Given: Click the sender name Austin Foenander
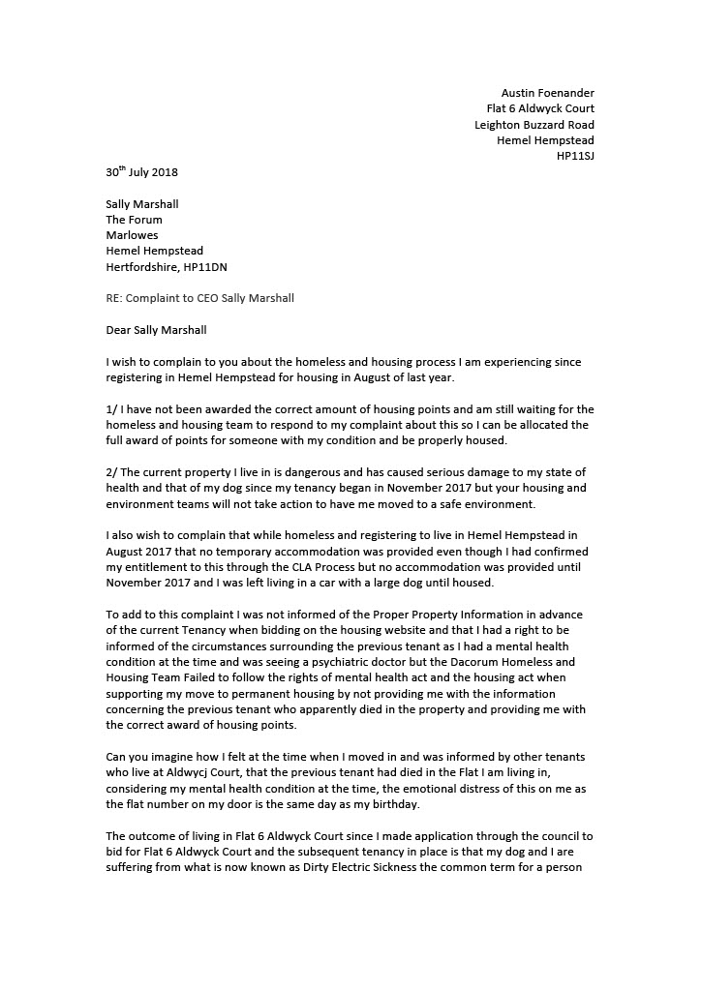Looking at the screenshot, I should tap(547, 93).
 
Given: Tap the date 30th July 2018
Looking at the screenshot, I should tap(141, 172).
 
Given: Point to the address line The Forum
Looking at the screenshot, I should tap(134, 220).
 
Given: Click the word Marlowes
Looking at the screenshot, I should tap(132, 235).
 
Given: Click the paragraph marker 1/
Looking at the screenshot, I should tap(111, 409).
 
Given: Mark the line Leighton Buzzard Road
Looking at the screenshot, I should tap(534, 125).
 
